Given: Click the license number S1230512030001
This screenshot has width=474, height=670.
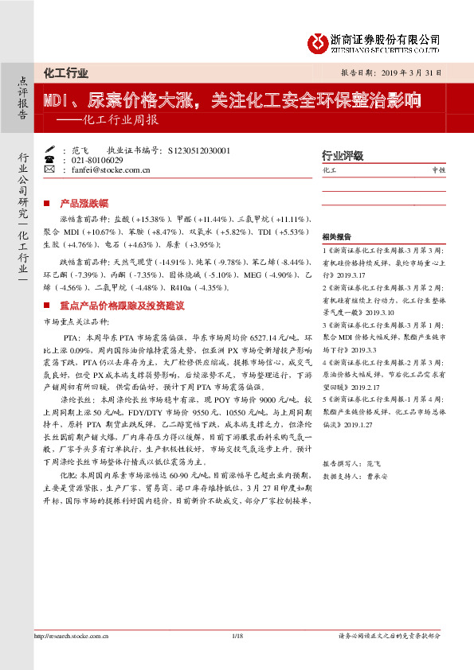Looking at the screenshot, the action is coord(199,150).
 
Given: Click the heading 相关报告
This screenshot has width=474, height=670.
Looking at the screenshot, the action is coord(337,238).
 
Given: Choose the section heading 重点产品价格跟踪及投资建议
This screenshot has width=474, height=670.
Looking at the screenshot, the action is coord(123,305).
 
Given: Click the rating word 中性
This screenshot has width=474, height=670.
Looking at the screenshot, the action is coord(437,170).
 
